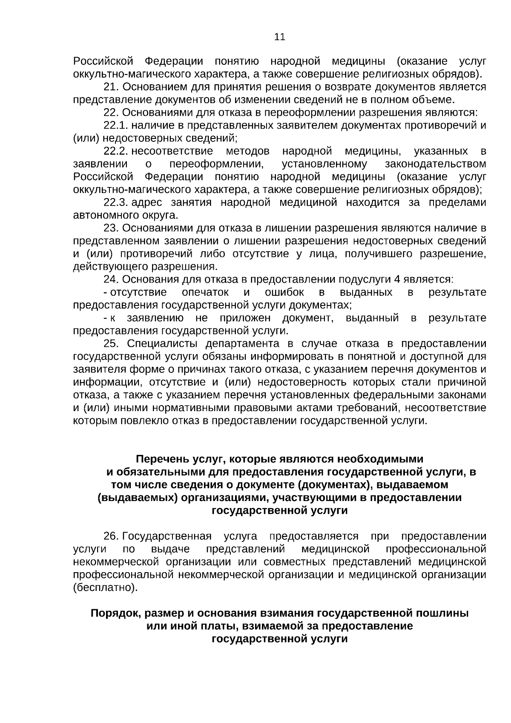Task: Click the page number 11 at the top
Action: coord(280,37)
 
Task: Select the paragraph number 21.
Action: coord(112,87)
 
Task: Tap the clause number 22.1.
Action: coord(115,126)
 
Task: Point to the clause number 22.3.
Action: coord(116,202)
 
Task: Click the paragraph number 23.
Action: coord(112,228)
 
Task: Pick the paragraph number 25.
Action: coord(112,344)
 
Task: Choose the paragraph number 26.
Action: coord(112,536)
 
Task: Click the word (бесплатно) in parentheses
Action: coord(106,588)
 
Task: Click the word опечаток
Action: coord(205,292)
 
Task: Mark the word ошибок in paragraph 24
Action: coord(284,292)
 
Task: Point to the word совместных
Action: coord(296,562)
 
